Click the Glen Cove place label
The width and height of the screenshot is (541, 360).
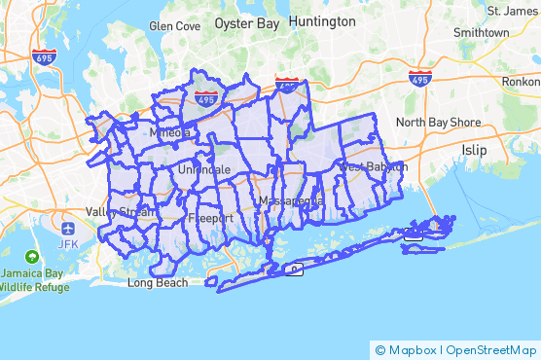coord(174,26)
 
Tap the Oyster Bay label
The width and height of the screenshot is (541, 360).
coord(247,21)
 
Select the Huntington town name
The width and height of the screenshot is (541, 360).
coord(322,20)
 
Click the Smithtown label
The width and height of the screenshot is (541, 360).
coord(481,32)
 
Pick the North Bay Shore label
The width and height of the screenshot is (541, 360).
coord(438,123)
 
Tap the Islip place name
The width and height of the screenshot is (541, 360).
coord(475,150)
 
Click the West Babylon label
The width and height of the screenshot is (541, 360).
coord(371,167)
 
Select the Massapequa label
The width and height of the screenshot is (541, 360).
coord(291,201)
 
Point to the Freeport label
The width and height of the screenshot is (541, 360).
coord(211,218)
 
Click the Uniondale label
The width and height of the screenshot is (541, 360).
coord(204,169)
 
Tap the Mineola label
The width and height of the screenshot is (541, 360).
coord(168,132)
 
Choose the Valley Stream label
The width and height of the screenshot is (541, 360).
coord(120,212)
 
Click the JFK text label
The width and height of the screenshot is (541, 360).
coord(68,243)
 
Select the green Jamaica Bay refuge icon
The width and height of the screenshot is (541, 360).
coord(33,258)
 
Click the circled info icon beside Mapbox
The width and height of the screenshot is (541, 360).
coord(379,349)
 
